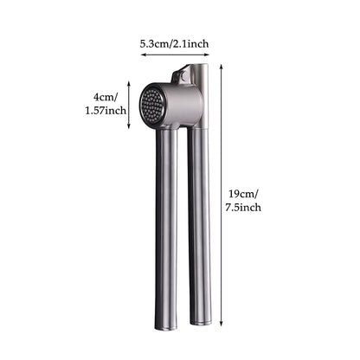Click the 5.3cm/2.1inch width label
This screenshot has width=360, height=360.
[x=174, y=44]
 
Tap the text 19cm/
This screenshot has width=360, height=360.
[x=243, y=194]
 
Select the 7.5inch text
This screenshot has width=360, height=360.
[x=243, y=208]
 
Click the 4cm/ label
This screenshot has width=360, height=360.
[x=105, y=97]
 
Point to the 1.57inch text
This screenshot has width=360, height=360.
[x=106, y=111]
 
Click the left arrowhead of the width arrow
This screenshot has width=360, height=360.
[x=142, y=55]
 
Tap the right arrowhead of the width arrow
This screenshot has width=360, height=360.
[x=207, y=55]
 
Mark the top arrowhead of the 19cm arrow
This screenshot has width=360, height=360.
[x=222, y=66]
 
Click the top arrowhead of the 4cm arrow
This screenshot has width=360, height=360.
[x=129, y=83]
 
